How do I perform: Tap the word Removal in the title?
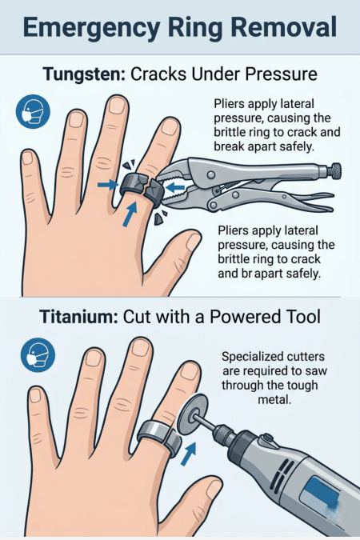click(x=281, y=29)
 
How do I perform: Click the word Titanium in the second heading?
click(x=78, y=317)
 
